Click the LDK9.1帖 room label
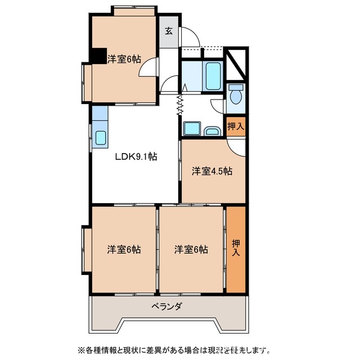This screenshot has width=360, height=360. (136, 157)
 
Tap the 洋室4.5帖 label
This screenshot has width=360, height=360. (212, 172)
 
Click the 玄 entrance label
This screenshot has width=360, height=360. (169, 31)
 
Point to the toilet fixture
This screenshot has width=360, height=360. (236, 93)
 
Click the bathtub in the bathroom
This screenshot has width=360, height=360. (213, 76)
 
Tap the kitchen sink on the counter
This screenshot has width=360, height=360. (101, 137)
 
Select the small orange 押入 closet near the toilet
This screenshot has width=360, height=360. (236, 127)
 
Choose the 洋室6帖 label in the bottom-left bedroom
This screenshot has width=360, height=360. (124, 249)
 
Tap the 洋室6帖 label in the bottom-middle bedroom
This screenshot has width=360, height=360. (191, 249)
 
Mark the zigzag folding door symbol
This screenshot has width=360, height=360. (181, 105)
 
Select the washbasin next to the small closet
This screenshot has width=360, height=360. (212, 131)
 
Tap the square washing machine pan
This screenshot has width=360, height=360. (192, 129)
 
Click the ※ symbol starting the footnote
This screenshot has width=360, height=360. (73, 349)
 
